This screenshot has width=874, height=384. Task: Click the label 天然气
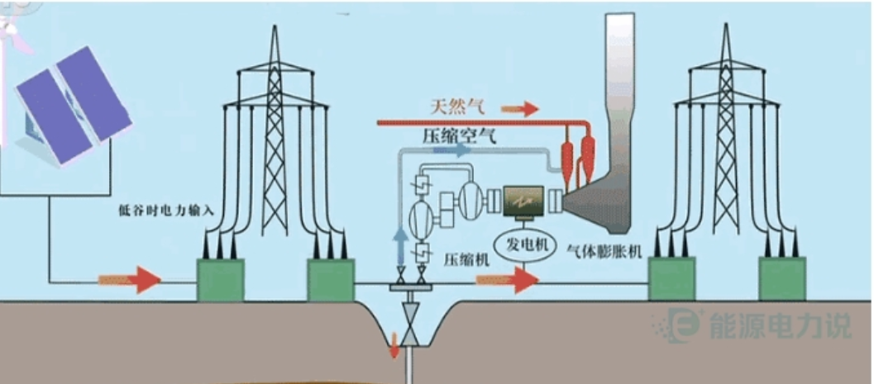457,107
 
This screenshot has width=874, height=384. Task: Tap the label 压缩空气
459,135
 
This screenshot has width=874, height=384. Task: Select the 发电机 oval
523,246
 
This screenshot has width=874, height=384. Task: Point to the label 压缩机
466,260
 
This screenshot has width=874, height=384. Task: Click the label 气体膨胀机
604,252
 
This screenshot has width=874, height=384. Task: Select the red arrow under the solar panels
130,279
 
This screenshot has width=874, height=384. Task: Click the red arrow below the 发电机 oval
507,280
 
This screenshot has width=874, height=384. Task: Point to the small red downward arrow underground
394,345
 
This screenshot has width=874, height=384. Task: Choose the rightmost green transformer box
782,279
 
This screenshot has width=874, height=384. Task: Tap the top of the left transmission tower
275,26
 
